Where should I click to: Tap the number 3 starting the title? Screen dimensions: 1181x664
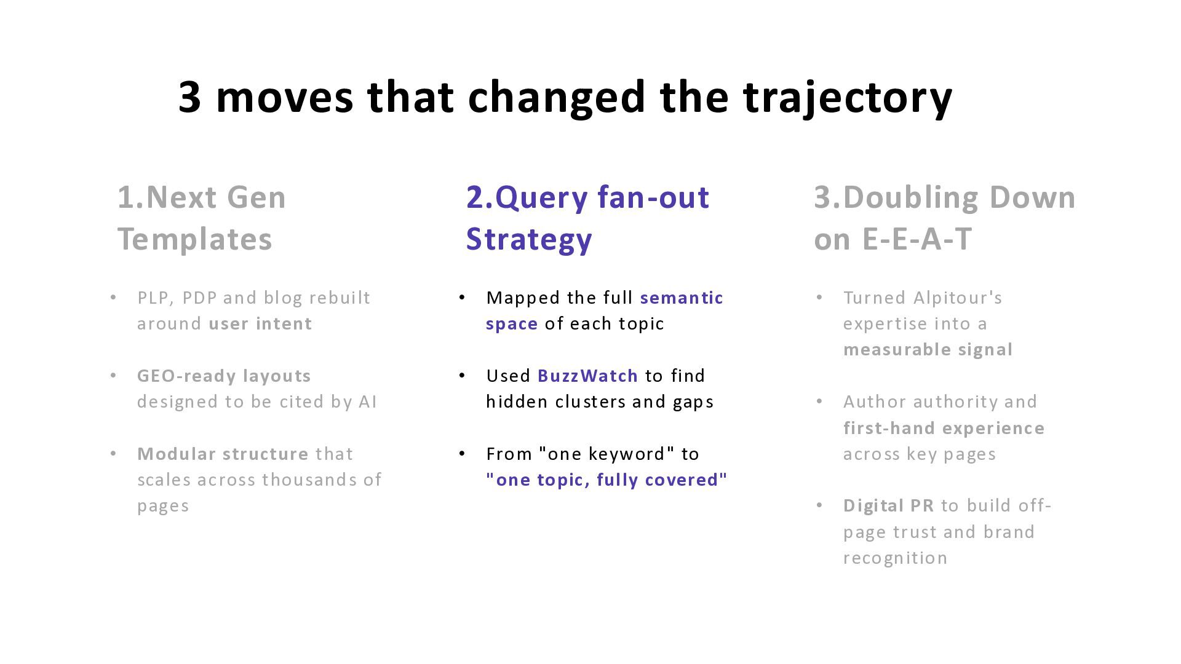click(x=189, y=97)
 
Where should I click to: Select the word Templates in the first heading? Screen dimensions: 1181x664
click(x=194, y=239)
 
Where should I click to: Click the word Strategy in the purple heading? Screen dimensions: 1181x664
click(x=529, y=239)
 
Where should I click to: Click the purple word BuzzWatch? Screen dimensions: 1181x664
click(x=587, y=376)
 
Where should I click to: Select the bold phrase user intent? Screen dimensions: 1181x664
click(x=260, y=323)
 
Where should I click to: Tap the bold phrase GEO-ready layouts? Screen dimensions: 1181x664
click(x=224, y=376)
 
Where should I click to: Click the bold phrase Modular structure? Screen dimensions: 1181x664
click(x=223, y=454)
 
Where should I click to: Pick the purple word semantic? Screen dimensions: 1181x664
click(x=682, y=298)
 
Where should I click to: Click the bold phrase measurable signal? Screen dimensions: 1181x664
click(x=928, y=350)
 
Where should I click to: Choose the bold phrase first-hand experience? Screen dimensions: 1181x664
click(x=944, y=428)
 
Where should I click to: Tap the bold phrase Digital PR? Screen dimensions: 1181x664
click(x=888, y=505)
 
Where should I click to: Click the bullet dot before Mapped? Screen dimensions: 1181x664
click(x=463, y=298)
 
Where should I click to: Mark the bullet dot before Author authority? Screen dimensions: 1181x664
click(x=819, y=401)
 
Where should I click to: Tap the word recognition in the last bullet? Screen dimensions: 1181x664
click(x=895, y=558)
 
